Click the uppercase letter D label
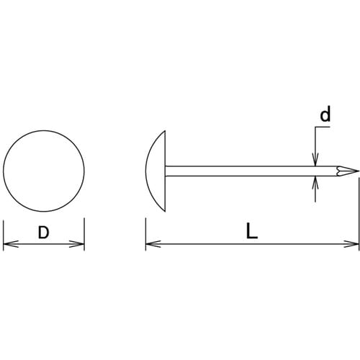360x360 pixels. (43, 233)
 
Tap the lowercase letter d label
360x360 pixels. (325, 114)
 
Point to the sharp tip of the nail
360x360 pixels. (359, 171)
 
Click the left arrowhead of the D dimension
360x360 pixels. (11, 244)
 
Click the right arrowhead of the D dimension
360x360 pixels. (77, 244)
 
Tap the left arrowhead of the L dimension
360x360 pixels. (153, 244)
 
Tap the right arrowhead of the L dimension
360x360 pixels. (351, 244)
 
